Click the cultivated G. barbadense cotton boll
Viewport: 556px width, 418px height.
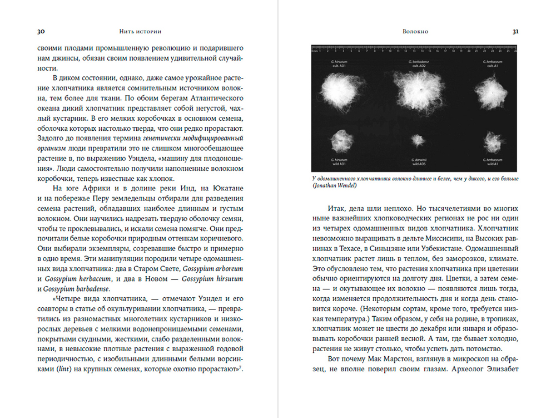tap(415, 88)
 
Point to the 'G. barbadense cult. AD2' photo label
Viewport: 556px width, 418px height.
tap(415, 63)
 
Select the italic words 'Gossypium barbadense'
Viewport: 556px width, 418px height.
tap(75, 289)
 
